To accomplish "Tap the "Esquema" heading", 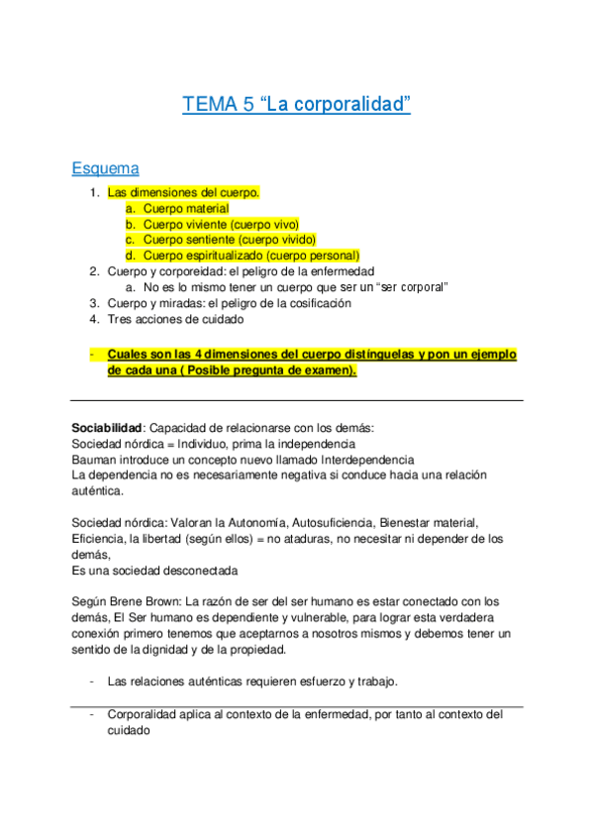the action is click(x=105, y=168).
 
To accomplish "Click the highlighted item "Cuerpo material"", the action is click(x=186, y=209).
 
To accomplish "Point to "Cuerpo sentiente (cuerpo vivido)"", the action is click(x=229, y=240).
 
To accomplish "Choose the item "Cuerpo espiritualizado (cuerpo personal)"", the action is click(x=250, y=256).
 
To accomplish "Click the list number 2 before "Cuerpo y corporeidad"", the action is click(x=93, y=271).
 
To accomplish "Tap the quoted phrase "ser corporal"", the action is click(x=408, y=287).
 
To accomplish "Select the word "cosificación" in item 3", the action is click(x=317, y=303).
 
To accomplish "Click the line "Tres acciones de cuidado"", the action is click(x=174, y=319).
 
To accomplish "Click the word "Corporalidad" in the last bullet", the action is click(x=143, y=713).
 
